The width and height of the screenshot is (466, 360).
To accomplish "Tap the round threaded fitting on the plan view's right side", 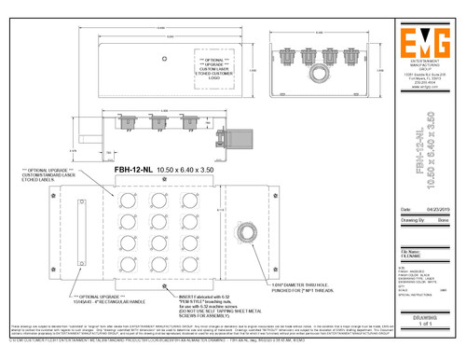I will [x=251, y=231].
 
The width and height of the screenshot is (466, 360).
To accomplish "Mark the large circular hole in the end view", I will [x=320, y=72].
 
